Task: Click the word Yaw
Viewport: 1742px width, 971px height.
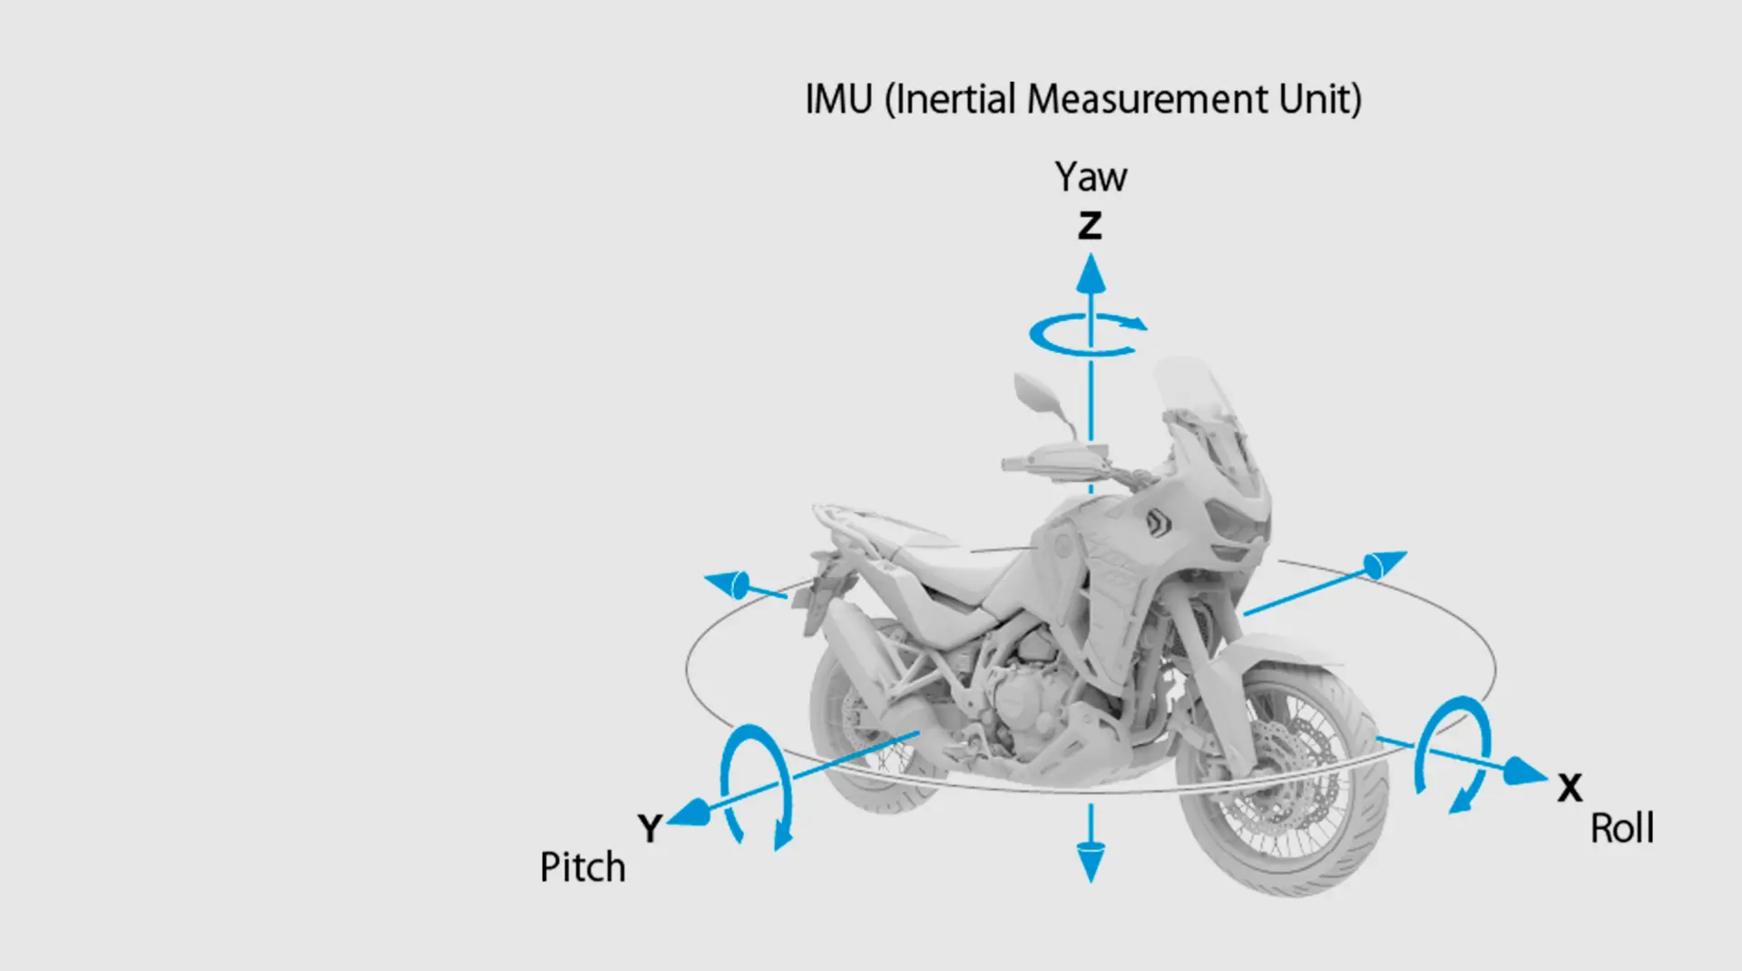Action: coord(1091,177)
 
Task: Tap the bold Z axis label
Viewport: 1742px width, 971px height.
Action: coord(1090,225)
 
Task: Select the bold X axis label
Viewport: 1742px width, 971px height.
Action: coord(1570,788)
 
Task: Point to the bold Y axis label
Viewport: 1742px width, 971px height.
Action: coord(650,828)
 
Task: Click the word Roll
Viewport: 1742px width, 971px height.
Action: coord(1622,829)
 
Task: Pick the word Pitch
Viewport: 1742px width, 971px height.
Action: coord(582,868)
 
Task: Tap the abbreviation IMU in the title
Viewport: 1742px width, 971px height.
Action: coord(838,99)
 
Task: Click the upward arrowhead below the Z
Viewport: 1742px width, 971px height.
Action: coord(1091,273)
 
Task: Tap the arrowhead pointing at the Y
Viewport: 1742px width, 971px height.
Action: coord(690,811)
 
